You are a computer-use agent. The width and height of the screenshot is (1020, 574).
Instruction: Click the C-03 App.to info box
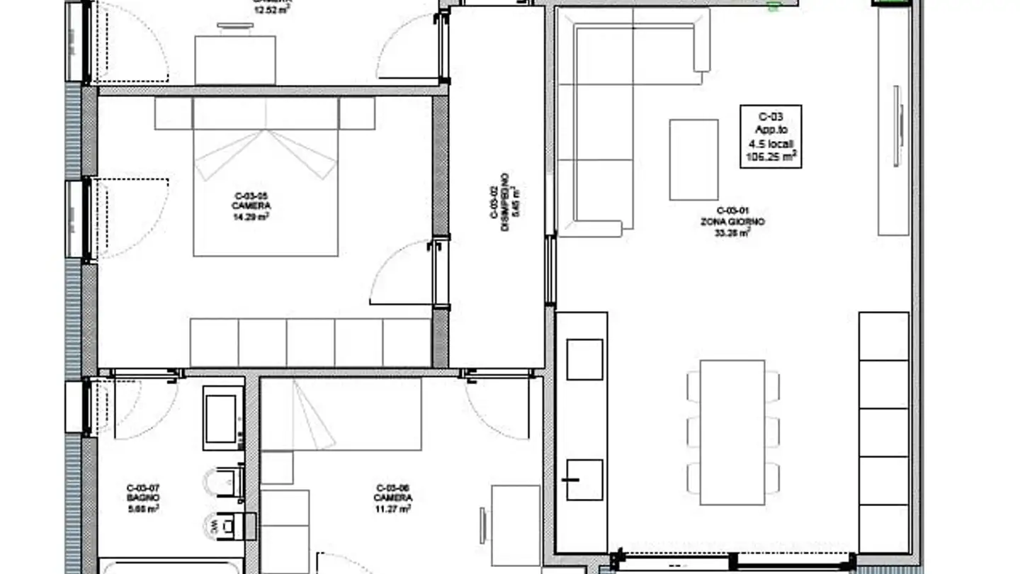(771, 136)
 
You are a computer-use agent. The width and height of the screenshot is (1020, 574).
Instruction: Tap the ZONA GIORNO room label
(732, 221)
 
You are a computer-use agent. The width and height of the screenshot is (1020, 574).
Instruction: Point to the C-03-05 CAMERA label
(251, 206)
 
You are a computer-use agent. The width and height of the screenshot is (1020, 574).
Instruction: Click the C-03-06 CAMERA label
(393, 497)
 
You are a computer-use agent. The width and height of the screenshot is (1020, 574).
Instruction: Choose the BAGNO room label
(143, 497)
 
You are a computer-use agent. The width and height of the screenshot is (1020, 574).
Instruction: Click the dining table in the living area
(732, 432)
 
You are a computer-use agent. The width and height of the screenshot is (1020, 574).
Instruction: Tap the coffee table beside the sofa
(693, 159)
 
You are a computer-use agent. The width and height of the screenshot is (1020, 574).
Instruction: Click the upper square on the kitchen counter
(585, 359)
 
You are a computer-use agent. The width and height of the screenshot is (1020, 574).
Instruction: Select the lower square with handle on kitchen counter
(584, 480)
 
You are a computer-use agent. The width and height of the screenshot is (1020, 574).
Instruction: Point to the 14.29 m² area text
(251, 216)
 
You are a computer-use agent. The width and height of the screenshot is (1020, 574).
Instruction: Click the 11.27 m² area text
(393, 508)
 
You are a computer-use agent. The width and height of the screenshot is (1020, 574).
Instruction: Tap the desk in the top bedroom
(235, 60)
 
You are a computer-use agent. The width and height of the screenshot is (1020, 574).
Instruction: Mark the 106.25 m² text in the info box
(771, 158)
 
